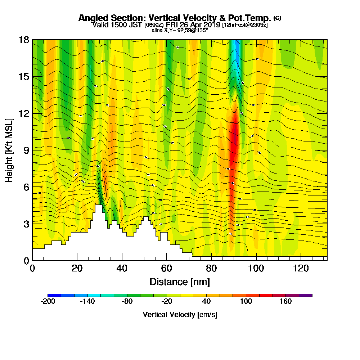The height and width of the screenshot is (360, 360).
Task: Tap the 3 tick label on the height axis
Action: [26, 224]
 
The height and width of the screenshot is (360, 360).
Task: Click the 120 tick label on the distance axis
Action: [301, 269]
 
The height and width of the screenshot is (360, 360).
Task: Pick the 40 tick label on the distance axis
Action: [122, 269]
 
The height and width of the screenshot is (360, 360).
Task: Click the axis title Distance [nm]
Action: [180, 282]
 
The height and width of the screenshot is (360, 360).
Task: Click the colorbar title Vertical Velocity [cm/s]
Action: [180, 315]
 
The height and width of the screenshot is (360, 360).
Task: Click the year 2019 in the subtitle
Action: [212, 25]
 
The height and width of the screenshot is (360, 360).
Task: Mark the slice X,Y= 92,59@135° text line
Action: [180, 30]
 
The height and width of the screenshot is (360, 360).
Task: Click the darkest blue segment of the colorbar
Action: [54, 295]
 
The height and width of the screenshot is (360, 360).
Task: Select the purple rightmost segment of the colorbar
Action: [306, 295]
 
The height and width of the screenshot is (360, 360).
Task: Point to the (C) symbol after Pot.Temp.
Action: [277, 18]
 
